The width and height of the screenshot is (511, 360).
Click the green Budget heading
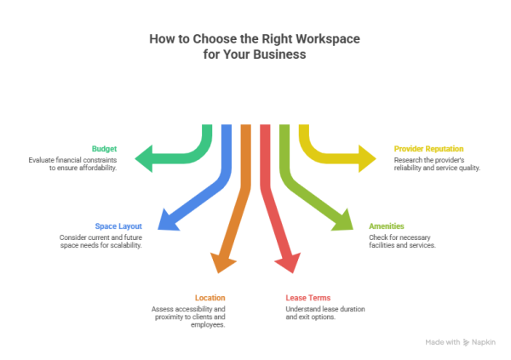pyautogui.click(x=105, y=148)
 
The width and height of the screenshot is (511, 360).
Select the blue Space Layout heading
pyautogui.click(x=118, y=226)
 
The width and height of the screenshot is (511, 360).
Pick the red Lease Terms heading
pyautogui.click(x=307, y=297)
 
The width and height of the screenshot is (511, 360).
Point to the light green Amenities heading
pyautogui.click(x=386, y=226)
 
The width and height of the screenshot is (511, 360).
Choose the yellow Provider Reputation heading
pyautogui.click(x=428, y=148)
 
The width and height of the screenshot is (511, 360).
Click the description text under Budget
pyautogui.click(x=72, y=163)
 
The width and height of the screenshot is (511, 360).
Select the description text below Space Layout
pyautogui.click(x=100, y=241)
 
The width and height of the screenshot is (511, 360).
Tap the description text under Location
pyautogui.click(x=188, y=316)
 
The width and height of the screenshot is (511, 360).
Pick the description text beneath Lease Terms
pyautogui.click(x=320, y=311)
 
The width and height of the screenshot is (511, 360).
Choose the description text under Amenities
pyautogui.click(x=402, y=241)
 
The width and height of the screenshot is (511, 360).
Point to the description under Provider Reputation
pyautogui.click(x=437, y=163)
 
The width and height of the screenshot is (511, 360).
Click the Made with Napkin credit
pyautogui.click(x=461, y=341)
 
